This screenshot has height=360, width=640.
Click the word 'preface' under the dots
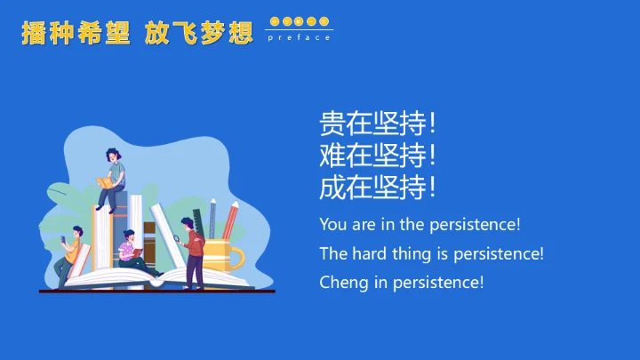pos(299,37)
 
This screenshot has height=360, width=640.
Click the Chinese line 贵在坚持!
pos(378,124)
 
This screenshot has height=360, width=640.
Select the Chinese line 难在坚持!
pos(378,156)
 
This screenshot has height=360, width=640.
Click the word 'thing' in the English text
pos(412,254)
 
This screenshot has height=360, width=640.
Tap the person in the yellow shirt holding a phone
pos(70,255)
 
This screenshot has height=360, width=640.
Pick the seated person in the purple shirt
pos(132,251)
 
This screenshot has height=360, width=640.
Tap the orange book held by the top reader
pos(105,183)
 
